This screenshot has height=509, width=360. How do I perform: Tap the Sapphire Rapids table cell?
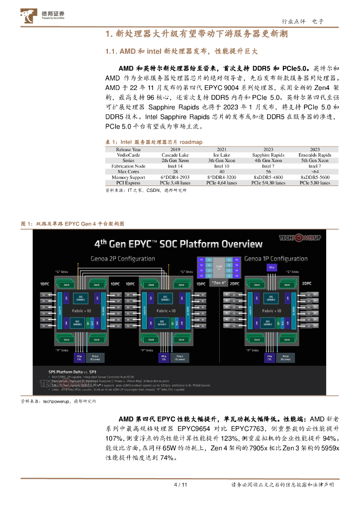268,155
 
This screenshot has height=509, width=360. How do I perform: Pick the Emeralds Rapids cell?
314,155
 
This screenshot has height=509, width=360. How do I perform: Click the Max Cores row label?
128,171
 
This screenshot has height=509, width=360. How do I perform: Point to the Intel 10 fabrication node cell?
221,166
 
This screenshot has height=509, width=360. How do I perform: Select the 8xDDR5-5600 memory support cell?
314,177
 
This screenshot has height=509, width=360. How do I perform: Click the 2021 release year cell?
221,149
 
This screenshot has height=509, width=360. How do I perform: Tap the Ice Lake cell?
221,155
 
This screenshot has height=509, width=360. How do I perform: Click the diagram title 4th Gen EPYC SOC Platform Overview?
179,244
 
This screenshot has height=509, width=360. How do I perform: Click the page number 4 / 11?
180,485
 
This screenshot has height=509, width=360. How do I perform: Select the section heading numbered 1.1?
182,51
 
